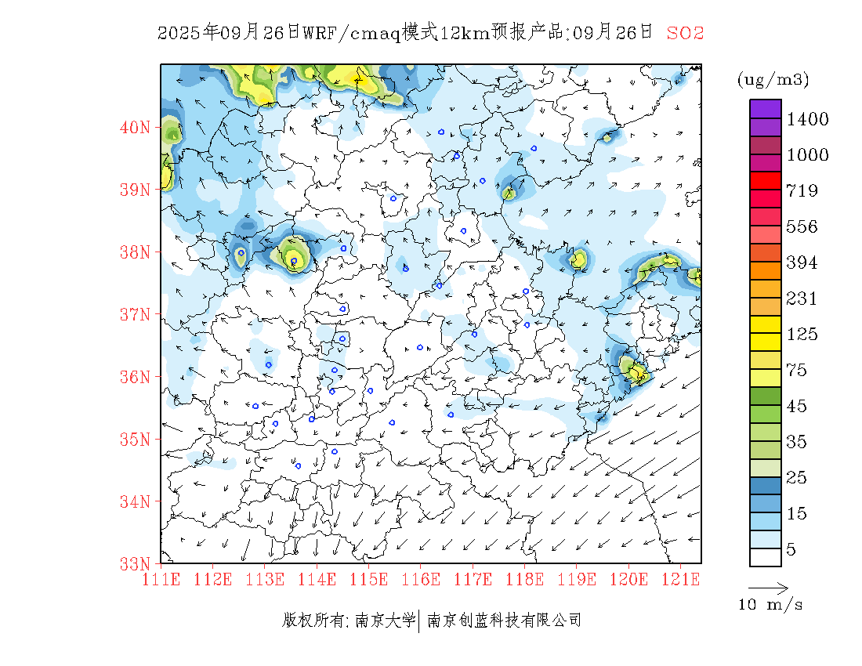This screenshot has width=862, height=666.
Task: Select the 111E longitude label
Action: pos(161,580)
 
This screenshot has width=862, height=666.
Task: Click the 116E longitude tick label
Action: pos(421,580)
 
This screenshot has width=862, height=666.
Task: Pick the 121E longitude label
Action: pos(680,580)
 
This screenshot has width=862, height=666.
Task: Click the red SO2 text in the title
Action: pos(685,33)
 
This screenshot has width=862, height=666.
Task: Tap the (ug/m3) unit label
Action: pos(773,80)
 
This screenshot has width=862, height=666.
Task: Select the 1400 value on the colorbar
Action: pos(807,119)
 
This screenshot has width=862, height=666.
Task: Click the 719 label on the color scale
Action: pos(802,191)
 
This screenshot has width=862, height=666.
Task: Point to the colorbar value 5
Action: pos(791,550)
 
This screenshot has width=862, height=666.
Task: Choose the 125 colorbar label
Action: pos(802,335)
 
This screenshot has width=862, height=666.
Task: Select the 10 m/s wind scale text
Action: pos(771,605)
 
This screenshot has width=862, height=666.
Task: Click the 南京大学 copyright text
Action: pos(384,621)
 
